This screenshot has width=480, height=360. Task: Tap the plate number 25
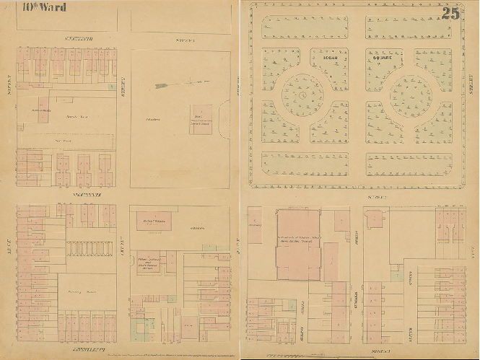pyautogui.click(x=451, y=12)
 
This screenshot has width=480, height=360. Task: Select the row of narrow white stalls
pyautogui.click(x=91, y=247)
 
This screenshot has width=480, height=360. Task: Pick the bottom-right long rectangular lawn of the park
pyautogui.click(x=409, y=164)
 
